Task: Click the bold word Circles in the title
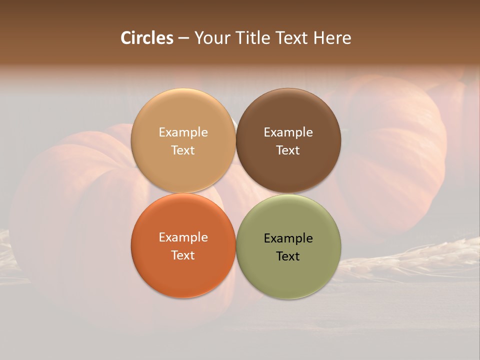point(147,38)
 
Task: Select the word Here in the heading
point(332,38)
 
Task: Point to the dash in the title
point(183,38)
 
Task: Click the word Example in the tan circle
point(183,132)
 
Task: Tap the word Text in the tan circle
point(183,150)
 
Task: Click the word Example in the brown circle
point(288,132)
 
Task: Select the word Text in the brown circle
point(288,150)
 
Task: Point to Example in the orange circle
point(183,237)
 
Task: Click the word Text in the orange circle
point(183,255)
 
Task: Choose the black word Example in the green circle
point(288,238)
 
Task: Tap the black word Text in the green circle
point(288,256)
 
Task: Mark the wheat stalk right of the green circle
point(410,255)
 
